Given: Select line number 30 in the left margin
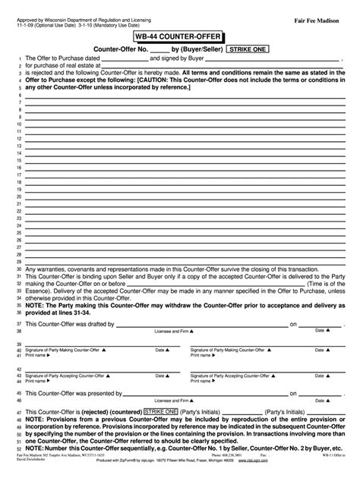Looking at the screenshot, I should (17, 269).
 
